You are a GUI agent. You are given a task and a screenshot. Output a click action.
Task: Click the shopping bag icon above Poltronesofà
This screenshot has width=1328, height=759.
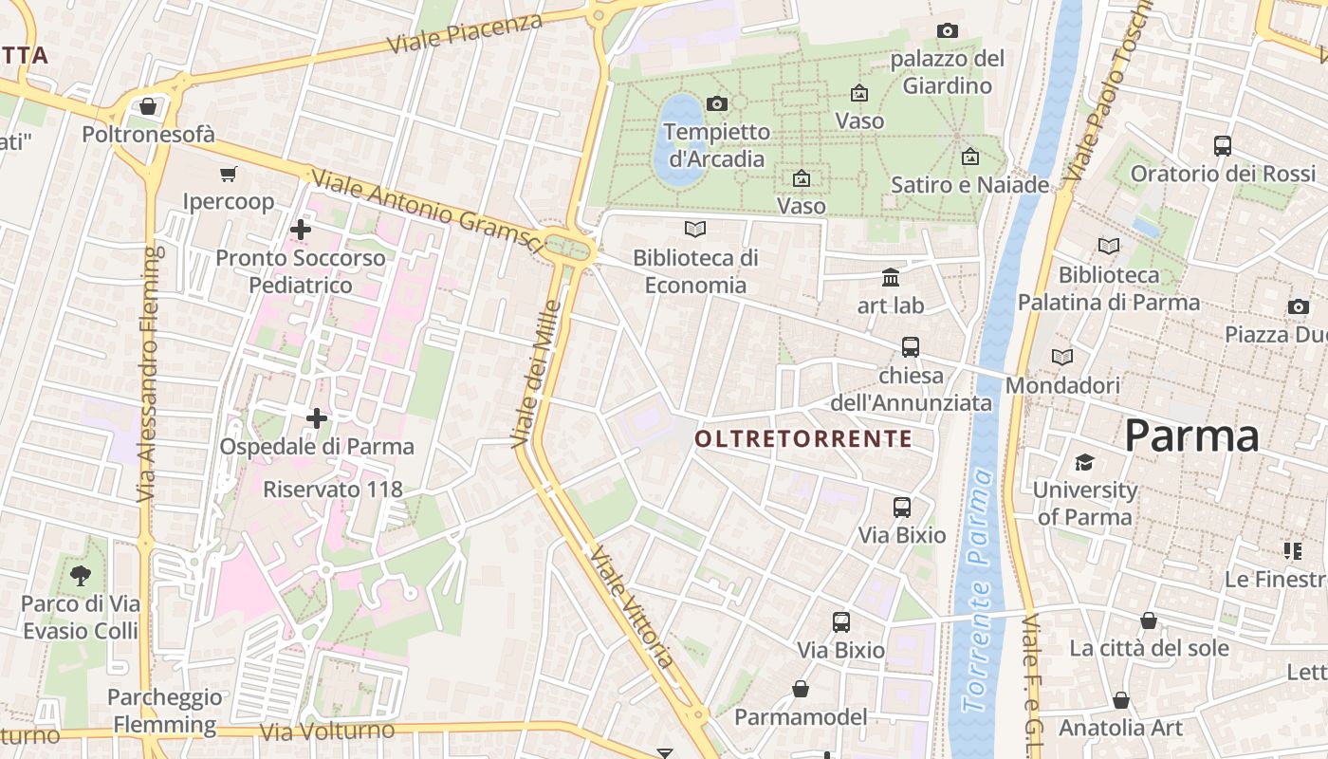click(x=147, y=106)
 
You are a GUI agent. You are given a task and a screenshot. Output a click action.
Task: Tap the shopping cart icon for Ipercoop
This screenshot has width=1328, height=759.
click(x=228, y=174)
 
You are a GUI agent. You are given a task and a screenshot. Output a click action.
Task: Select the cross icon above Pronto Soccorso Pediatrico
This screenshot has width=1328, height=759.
click(x=301, y=229)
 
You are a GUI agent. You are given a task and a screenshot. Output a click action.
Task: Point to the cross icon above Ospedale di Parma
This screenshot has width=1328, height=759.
click(x=317, y=417)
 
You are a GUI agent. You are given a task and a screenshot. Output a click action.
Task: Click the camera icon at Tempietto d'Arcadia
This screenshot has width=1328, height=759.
click(x=717, y=103)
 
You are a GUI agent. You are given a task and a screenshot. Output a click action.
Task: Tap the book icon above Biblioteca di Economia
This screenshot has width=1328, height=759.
click(x=695, y=229)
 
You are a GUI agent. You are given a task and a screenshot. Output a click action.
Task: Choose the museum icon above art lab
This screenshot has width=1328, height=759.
click(x=891, y=277)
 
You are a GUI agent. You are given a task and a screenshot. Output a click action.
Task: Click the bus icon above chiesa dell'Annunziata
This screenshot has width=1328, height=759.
click(x=911, y=346)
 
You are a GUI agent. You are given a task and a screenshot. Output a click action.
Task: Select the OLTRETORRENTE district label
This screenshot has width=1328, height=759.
click(x=803, y=438)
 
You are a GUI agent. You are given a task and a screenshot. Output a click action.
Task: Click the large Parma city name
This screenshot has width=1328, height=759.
click(x=1191, y=436)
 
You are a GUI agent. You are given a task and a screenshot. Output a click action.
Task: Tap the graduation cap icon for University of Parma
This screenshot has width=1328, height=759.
click(x=1084, y=462)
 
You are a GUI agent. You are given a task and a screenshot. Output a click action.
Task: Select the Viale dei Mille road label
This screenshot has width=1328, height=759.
click(x=537, y=374)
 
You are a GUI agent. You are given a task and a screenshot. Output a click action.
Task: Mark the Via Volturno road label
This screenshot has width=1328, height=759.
click(x=326, y=731)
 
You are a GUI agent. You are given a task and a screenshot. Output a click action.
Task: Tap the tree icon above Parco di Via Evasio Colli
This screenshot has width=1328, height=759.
click(x=81, y=574)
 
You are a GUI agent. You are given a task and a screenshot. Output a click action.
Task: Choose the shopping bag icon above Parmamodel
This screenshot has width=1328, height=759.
click(x=801, y=688)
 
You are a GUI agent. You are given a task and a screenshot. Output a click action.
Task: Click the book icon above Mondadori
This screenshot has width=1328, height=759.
click(x=1062, y=358)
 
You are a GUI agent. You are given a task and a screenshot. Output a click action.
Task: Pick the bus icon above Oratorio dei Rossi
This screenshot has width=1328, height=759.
click(x=1223, y=146)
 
